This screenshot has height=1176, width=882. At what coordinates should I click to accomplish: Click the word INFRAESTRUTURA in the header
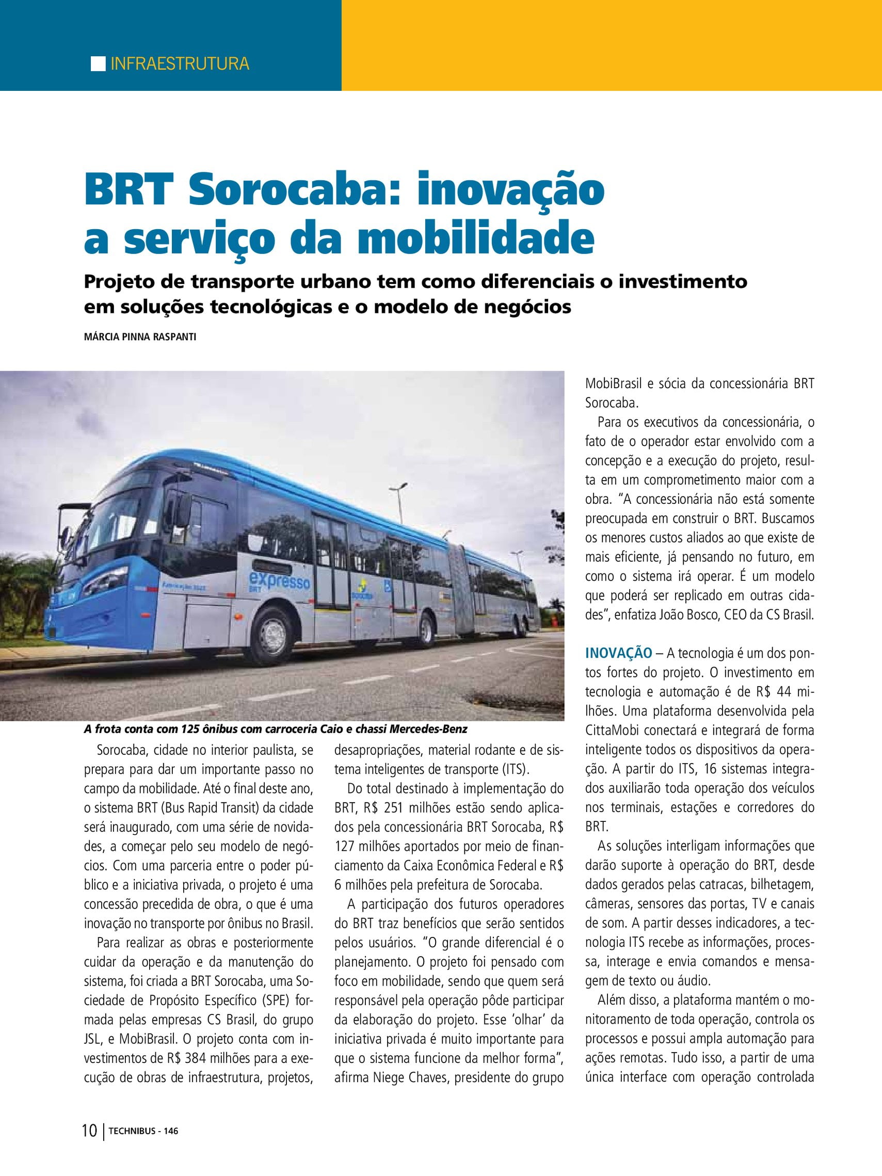(x=180, y=64)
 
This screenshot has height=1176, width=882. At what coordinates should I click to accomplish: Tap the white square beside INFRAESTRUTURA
(x=98, y=63)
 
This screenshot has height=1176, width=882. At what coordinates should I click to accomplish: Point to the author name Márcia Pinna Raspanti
(x=140, y=337)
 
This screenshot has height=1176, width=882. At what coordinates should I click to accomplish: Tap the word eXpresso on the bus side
(x=285, y=581)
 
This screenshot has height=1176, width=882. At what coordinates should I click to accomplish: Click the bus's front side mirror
(x=67, y=537)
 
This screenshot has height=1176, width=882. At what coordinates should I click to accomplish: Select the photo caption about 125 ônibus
(x=276, y=729)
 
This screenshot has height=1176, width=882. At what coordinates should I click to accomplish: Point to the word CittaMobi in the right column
(x=611, y=732)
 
